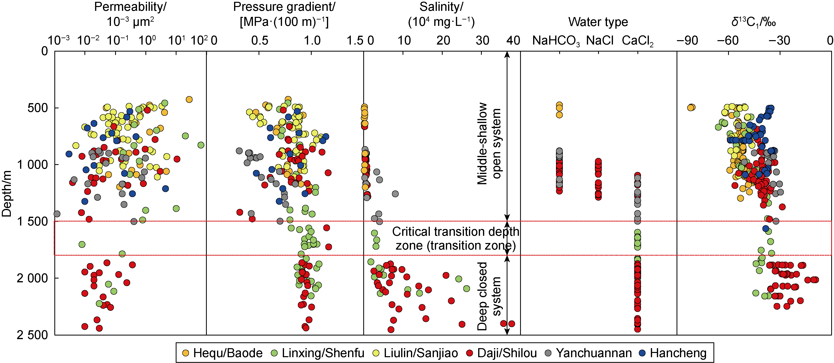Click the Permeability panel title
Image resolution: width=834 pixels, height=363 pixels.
pyautogui.click(x=130, y=14)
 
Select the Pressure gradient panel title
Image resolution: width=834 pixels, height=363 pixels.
pyautogui.click(x=284, y=14)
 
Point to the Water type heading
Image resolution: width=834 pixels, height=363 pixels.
pyautogui.click(x=598, y=22)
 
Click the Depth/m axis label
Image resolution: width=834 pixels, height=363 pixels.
pyautogui.click(x=6, y=193)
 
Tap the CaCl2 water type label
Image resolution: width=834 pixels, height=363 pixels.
pyautogui.click(x=637, y=41)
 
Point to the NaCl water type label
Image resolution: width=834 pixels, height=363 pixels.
pyautogui.click(x=600, y=41)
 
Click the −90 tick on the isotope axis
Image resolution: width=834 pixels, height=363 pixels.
pyautogui.click(x=687, y=41)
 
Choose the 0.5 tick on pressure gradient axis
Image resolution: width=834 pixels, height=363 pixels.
pyautogui.click(x=260, y=41)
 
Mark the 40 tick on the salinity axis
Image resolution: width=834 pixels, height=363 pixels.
pyautogui.click(x=513, y=41)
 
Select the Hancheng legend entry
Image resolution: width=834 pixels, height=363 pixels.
pyautogui.click(x=673, y=353)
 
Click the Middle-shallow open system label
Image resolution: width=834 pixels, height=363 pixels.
pyautogui.click(x=489, y=143)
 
